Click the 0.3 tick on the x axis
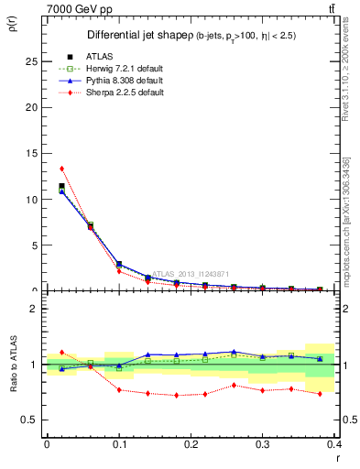[x=262, y=444]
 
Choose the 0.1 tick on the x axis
[x=118, y=444]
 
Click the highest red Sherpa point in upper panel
[x=61, y=169]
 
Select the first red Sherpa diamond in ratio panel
[x=61, y=352]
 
